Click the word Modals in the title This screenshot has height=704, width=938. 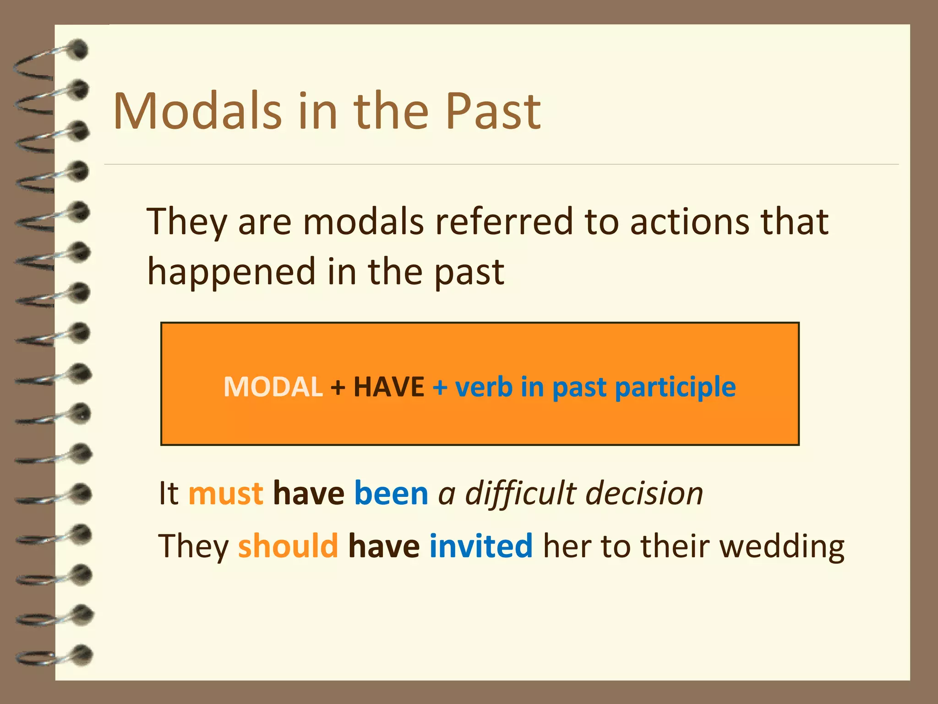click(197, 111)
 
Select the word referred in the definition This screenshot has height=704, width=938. click(504, 221)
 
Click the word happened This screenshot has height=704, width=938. click(231, 272)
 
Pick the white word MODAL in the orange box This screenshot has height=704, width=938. click(273, 386)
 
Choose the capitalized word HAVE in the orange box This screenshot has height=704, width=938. click(389, 386)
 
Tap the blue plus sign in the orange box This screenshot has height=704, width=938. click(440, 387)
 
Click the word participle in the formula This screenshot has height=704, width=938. click(675, 387)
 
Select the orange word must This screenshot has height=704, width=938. click(226, 493)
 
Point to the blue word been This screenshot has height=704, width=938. click(391, 493)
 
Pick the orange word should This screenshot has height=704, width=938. click(288, 546)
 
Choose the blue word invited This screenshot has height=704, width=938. click(481, 546)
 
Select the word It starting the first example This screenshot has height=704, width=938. click(168, 493)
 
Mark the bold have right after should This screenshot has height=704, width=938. click(384, 546)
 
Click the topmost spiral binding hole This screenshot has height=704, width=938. click(80, 49)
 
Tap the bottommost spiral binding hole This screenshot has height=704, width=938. click(83, 654)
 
